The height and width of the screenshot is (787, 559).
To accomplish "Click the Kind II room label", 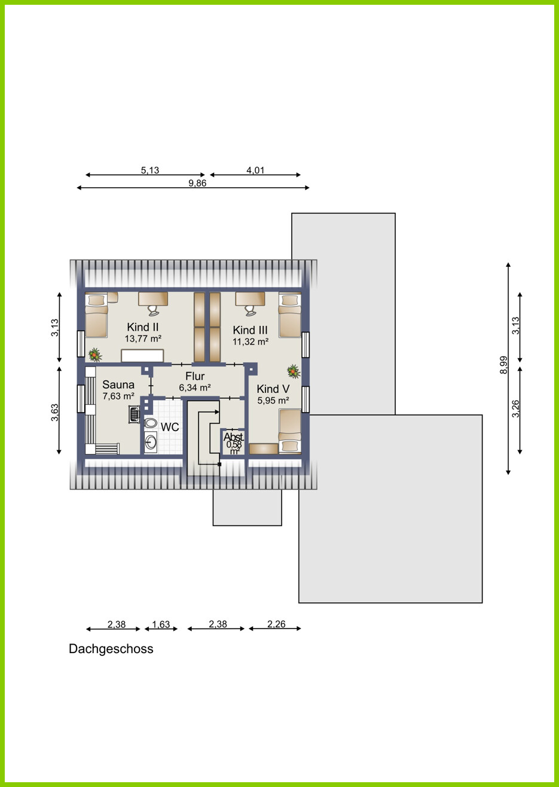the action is [143, 327].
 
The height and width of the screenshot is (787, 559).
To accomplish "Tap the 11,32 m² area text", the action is [251, 341].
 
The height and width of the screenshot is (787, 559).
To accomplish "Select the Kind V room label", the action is [273, 389].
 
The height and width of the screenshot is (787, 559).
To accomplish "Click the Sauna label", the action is [118, 385].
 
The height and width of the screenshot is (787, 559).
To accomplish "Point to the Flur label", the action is [195, 376].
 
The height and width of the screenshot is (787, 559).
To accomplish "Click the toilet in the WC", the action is [151, 423].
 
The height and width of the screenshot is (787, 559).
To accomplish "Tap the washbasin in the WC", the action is [151, 441].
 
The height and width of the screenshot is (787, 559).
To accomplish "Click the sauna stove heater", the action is [134, 414].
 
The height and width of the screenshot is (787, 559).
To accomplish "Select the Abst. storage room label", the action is [234, 437].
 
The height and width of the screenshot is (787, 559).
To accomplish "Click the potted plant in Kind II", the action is [95, 355].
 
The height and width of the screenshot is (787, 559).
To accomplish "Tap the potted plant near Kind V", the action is [294, 371].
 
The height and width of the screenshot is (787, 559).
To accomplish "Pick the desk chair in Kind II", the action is [153, 310].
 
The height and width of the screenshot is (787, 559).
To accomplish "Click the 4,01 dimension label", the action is [255, 170].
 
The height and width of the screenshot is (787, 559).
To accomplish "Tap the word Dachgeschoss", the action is [111, 649].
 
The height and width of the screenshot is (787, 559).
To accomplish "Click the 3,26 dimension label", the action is [515, 409].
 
